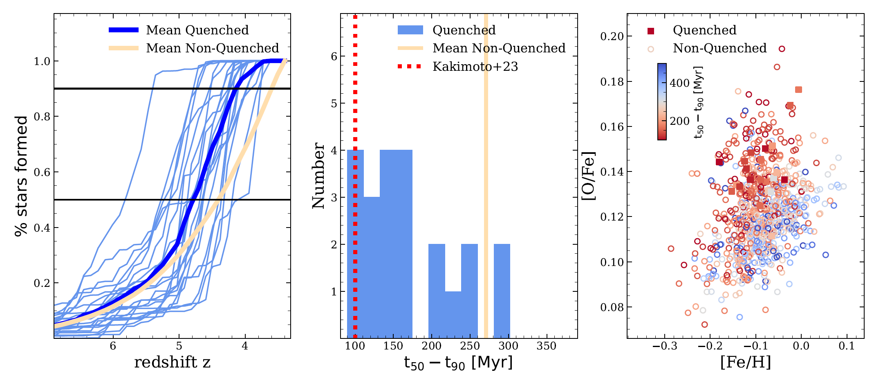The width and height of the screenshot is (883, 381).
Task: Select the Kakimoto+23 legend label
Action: pyautogui.click(x=475, y=66)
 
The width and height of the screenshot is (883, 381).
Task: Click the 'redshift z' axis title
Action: pyautogui.click(x=172, y=362)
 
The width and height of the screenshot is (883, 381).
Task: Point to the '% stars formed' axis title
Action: pyautogui.click(x=21, y=176)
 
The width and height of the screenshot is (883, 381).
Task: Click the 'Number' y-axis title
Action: pyautogui.click(x=318, y=176)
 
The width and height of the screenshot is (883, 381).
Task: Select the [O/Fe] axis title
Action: pyautogui.click(x=589, y=176)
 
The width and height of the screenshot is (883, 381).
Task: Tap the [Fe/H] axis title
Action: pyautogui.click(x=745, y=362)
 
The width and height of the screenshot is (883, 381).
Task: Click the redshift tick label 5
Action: pyautogui.click(x=179, y=346)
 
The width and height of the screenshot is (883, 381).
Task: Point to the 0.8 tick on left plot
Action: pyautogui.click(x=42, y=117)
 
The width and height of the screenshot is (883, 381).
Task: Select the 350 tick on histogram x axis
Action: pyautogui.click(x=547, y=346)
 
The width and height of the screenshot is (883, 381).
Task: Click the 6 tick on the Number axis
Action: pyautogui.click(x=334, y=56)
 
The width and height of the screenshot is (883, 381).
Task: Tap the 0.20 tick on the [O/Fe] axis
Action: pyautogui.click(x=612, y=36)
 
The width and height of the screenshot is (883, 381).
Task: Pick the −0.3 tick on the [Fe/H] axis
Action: pyautogui.click(x=664, y=346)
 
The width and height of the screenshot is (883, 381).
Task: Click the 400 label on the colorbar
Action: pyautogui.click(x=680, y=83)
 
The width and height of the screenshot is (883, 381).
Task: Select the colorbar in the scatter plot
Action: pyautogui.click(x=662, y=101)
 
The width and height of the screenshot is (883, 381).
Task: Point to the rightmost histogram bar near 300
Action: pyautogui.click(x=502, y=291)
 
